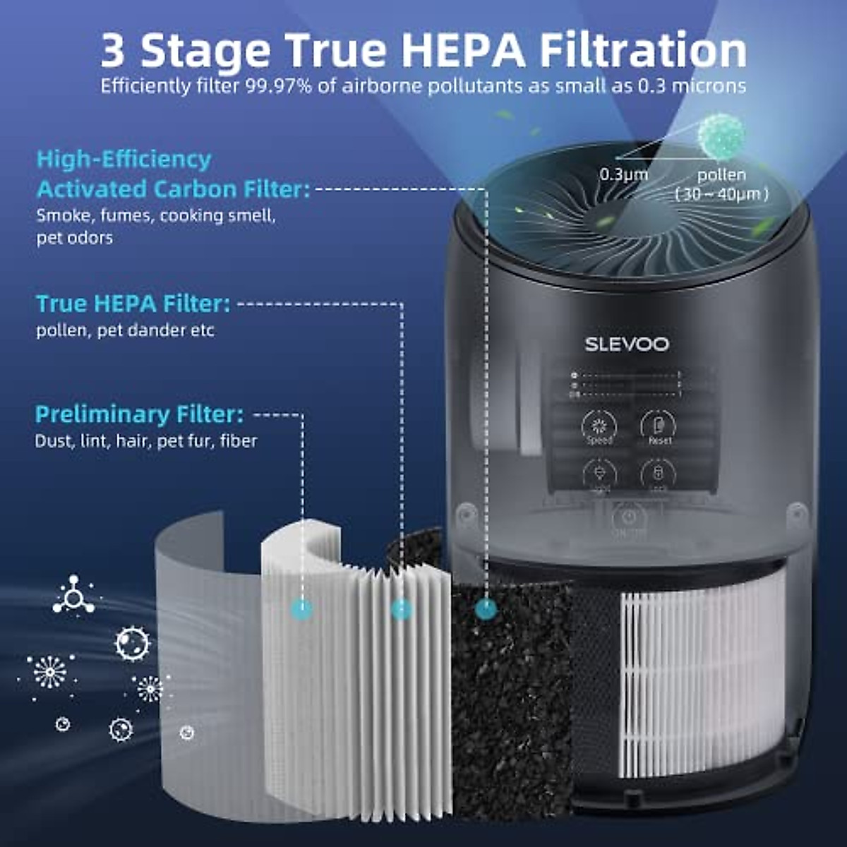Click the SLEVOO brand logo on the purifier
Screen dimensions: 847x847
626,344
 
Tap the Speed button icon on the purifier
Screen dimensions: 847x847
599,426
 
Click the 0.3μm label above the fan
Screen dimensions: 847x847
623,174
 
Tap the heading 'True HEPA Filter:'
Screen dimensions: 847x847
133,304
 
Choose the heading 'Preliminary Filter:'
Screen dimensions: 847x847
140,414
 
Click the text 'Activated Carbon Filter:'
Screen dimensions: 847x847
173,189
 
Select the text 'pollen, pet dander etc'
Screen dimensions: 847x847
125,330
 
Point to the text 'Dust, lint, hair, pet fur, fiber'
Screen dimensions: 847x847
146,441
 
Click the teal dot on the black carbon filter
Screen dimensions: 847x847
486,608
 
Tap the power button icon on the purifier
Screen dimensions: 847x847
629,517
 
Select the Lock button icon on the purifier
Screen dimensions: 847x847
658,473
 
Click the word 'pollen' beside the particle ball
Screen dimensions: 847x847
721,174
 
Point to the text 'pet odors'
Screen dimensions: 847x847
74,238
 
